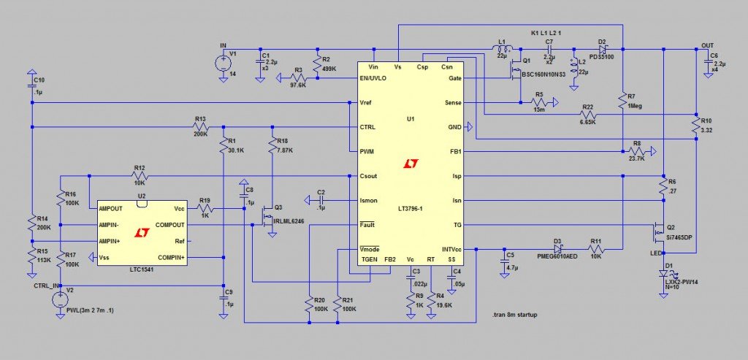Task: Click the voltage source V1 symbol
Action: pyautogui.click(x=224, y=64)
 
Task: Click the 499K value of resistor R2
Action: pyautogui.click(x=329, y=69)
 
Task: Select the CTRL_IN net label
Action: pyautogui.click(x=46, y=286)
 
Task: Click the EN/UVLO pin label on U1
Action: pyautogui.click(x=373, y=78)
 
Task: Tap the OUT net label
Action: pyautogui.click(x=707, y=45)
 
